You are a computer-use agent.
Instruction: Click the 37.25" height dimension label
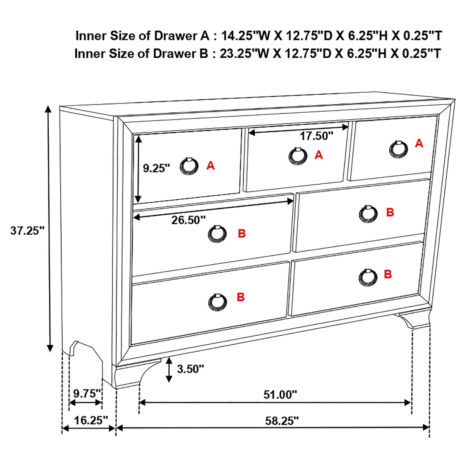click(x=27, y=231)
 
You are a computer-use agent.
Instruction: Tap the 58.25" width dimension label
click(x=282, y=421)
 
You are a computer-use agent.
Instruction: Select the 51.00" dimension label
click(x=280, y=394)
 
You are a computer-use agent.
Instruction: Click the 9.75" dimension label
click(x=87, y=393)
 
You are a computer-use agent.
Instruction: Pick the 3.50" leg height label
click(x=190, y=369)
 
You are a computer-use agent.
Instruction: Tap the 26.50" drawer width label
click(x=188, y=220)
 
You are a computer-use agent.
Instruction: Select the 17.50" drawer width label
click(x=316, y=136)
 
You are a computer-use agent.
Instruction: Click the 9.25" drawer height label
click(x=156, y=168)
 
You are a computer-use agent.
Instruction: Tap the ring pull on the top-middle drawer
click(x=298, y=156)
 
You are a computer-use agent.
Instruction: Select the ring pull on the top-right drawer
click(x=399, y=148)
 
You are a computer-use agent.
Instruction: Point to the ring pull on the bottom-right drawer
click(x=368, y=277)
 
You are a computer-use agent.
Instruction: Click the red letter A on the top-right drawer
click(x=419, y=143)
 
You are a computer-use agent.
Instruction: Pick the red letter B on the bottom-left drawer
click(x=240, y=297)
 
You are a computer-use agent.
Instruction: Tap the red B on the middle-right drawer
click(x=390, y=212)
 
